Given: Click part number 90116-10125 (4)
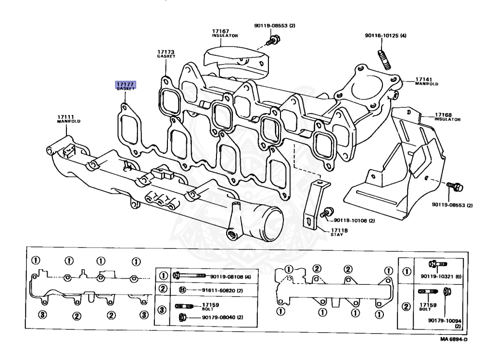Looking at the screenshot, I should coord(386,35).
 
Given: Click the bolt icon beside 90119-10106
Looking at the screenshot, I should coord(328,213).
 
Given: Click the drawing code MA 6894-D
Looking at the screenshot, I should coord(454,339).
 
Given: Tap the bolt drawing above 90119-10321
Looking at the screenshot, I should coord(435,264).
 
